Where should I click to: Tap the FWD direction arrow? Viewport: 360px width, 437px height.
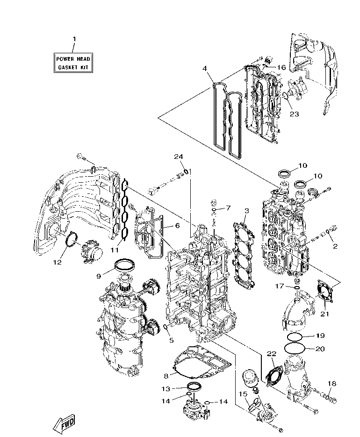(64, 423)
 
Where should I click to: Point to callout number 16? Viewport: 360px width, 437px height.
(281, 67)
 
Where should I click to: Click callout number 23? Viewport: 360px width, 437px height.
(294, 113)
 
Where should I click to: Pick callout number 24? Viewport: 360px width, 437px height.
(180, 157)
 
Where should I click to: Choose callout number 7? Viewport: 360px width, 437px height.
(228, 208)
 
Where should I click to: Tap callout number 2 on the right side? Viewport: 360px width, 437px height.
(335, 244)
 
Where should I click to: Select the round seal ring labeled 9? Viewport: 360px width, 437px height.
(125, 265)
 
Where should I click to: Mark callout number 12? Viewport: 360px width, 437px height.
(57, 262)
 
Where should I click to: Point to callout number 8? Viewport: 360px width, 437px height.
(166, 375)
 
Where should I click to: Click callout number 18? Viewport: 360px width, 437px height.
(331, 384)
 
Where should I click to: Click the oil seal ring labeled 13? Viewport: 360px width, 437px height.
(194, 387)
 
